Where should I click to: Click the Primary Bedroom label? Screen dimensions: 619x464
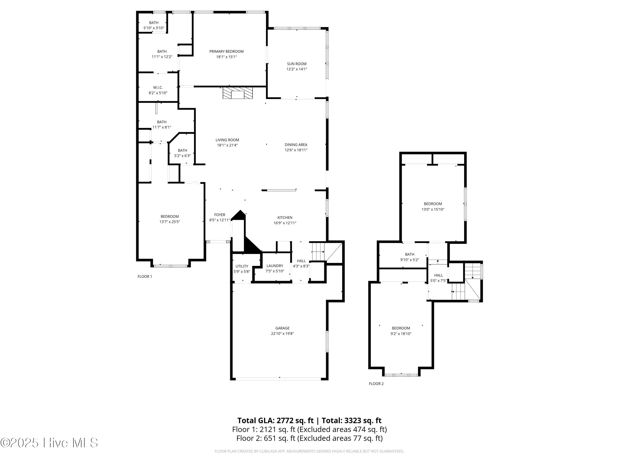point(226,52)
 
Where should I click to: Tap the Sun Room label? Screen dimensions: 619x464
point(297,64)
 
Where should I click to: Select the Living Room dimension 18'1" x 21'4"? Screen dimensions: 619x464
point(227,145)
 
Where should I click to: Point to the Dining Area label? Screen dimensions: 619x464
point(296,145)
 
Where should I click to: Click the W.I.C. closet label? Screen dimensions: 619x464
point(158,88)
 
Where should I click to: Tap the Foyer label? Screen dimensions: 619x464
point(220,215)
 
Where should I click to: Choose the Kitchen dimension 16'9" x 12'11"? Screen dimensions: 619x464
point(285,223)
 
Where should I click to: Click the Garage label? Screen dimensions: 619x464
point(282,328)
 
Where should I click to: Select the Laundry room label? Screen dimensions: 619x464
point(275,266)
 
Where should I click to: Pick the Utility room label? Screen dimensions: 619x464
point(242,266)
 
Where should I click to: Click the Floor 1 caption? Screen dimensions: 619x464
point(145,276)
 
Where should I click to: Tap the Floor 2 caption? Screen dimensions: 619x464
point(376,383)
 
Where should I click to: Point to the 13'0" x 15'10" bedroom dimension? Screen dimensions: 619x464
point(433,209)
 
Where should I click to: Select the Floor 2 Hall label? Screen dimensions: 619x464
point(438,275)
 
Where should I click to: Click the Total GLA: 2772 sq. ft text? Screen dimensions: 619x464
point(276,420)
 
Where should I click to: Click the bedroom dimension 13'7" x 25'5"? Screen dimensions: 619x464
point(170,222)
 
